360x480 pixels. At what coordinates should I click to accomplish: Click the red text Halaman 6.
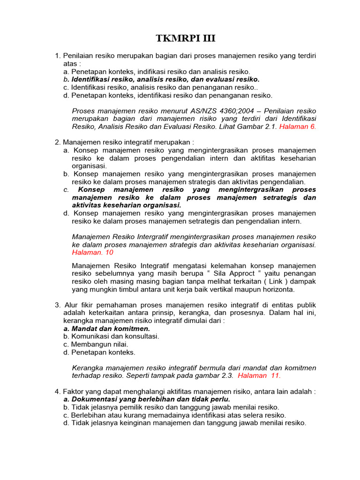click(x=298, y=127)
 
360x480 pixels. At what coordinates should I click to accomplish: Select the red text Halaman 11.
click(x=259, y=375)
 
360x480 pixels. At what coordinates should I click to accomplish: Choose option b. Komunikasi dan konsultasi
click(x=111, y=336)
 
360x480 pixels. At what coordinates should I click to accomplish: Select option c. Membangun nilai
click(x=95, y=344)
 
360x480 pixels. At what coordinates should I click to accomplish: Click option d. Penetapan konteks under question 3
click(x=99, y=352)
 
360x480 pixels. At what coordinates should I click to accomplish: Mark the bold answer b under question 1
click(x=161, y=79)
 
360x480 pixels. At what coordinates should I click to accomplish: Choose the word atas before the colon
click(x=70, y=64)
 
